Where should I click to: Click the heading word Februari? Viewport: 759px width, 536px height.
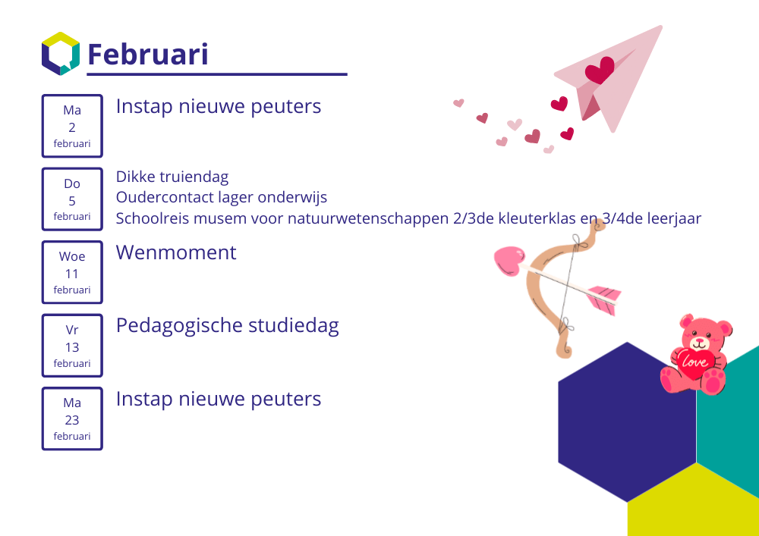click(x=148, y=54)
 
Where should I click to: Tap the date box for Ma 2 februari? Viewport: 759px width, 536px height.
click(x=72, y=126)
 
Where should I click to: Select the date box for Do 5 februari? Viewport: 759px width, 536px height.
click(x=72, y=199)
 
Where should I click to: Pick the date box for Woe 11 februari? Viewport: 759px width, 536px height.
click(x=72, y=272)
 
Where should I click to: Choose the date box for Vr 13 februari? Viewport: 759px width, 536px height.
click(x=72, y=346)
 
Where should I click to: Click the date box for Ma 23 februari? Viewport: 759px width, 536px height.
click(x=72, y=418)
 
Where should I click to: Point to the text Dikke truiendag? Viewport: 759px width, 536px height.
click(x=172, y=177)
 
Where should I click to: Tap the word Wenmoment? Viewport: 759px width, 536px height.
click(x=176, y=252)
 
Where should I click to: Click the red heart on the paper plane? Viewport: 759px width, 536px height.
click(x=600, y=70)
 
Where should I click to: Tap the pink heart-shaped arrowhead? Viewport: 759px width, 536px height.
click(x=509, y=261)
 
